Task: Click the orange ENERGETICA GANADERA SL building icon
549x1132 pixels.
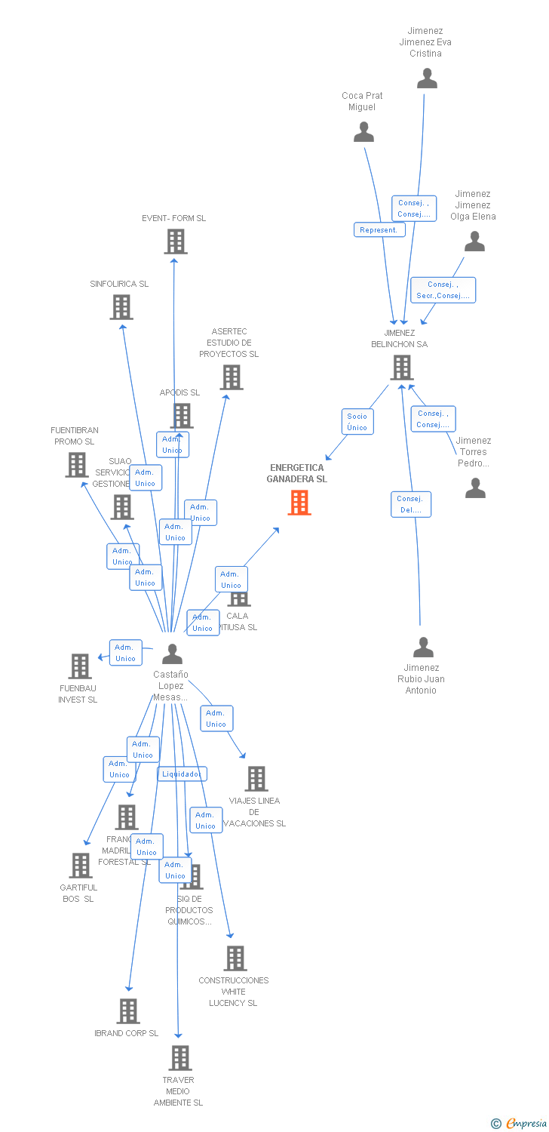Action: (x=299, y=503)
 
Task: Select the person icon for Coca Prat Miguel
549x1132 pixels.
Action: (x=363, y=132)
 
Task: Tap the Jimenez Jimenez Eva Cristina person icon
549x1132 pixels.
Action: (x=427, y=78)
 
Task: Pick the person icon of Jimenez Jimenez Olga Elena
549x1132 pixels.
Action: (x=474, y=241)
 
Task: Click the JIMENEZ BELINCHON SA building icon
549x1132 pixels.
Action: (x=401, y=368)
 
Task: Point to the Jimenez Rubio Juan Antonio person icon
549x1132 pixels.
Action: (x=423, y=648)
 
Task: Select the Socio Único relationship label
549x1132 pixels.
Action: (x=357, y=422)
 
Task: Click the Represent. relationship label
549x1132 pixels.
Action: (x=379, y=230)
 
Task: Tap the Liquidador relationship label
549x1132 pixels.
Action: (x=182, y=774)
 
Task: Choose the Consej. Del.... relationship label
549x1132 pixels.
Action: (x=411, y=504)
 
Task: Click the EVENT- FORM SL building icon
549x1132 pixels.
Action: (x=176, y=241)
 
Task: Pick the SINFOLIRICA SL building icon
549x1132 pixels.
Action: (x=121, y=307)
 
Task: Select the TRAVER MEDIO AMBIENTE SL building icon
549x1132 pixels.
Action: (x=179, y=1058)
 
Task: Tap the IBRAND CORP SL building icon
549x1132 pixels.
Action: (x=128, y=1011)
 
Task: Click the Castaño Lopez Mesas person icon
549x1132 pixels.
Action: (x=172, y=654)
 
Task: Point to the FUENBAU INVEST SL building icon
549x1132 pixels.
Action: (x=80, y=666)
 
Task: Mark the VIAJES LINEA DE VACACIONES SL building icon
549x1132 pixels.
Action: (x=256, y=779)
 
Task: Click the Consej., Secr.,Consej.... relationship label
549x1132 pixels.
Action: (x=443, y=290)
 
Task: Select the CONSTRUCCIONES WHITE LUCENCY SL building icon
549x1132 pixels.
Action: (x=235, y=958)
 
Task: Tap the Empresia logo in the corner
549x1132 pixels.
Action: (x=519, y=1124)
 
